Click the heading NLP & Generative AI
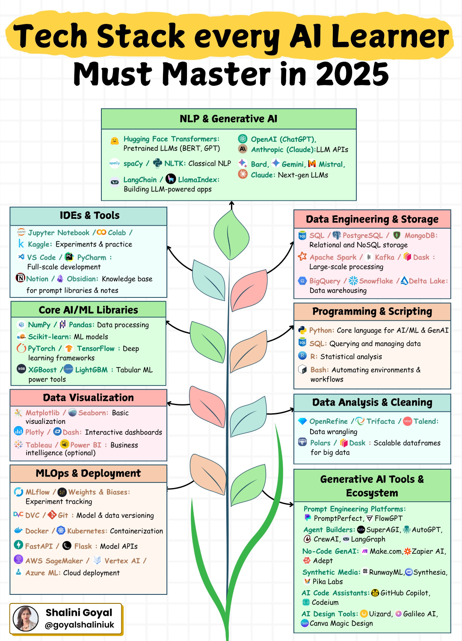click(x=228, y=119)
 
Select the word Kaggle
click(x=39, y=244)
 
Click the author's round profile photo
click(x=26, y=618)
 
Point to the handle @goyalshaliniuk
click(x=79, y=625)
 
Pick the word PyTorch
click(x=41, y=349)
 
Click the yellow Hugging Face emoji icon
click(x=114, y=141)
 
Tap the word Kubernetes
click(x=87, y=531)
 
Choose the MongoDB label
click(x=421, y=235)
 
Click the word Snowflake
click(x=376, y=281)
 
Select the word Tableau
click(x=38, y=445)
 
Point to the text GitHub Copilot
click(x=405, y=593)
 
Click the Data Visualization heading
click(x=89, y=398)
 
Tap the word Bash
click(x=319, y=370)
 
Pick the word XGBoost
click(x=42, y=370)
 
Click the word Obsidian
click(x=82, y=279)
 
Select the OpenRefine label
click(x=328, y=421)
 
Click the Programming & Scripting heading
click(x=372, y=312)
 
